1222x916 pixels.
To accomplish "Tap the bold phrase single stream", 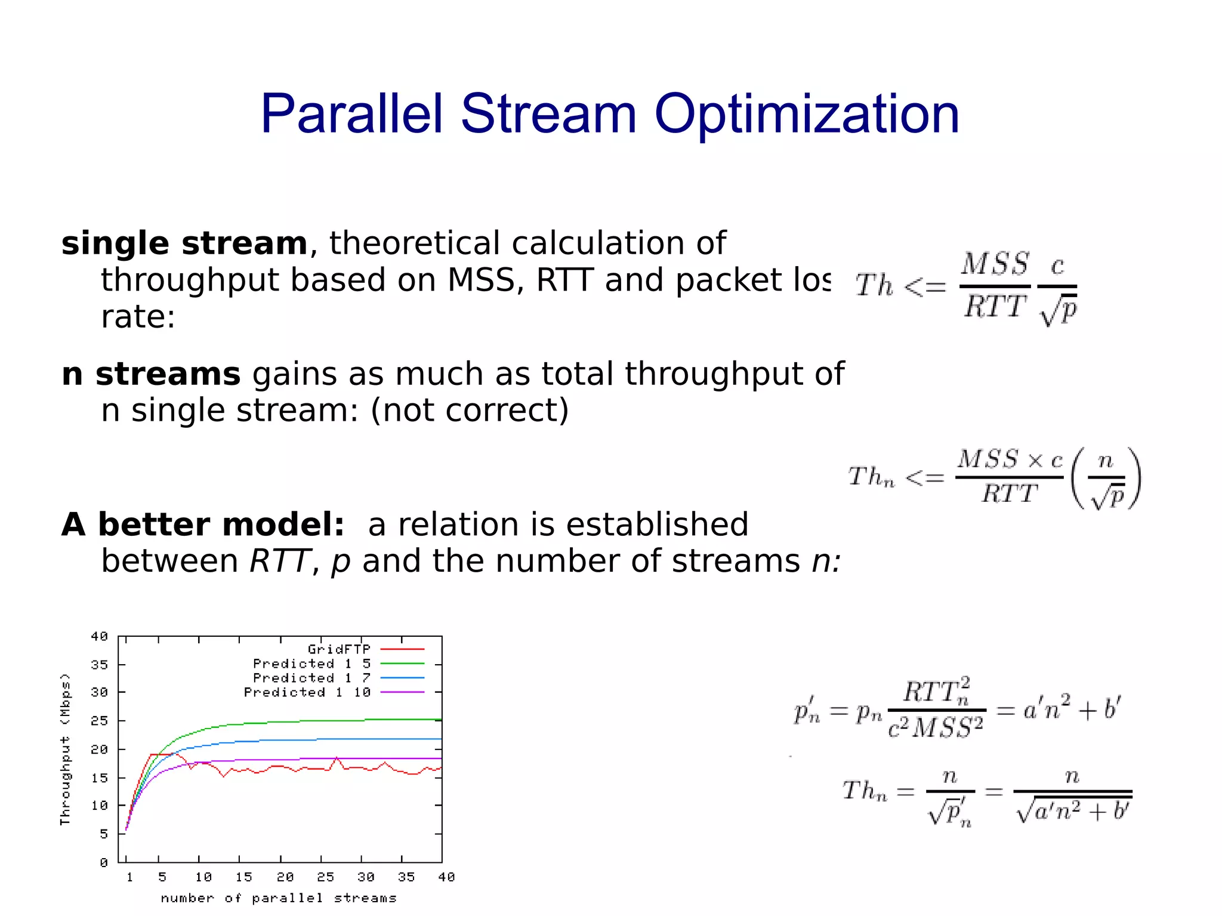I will (184, 243).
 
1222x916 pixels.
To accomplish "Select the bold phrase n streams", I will (151, 374).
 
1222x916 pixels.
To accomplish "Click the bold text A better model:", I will (203, 525).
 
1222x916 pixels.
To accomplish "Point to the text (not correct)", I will (470, 411).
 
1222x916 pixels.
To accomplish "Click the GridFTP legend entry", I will (339, 649).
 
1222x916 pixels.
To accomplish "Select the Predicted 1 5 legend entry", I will (311, 664).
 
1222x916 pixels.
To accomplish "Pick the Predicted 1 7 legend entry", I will (311, 678).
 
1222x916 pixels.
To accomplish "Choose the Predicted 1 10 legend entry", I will (307, 692).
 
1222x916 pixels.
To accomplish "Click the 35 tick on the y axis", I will (100, 664).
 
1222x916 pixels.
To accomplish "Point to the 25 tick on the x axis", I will (325, 877).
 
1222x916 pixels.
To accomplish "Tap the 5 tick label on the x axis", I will (162, 877).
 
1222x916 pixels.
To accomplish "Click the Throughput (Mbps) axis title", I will (65, 749).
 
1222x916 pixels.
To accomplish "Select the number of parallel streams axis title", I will (279, 898).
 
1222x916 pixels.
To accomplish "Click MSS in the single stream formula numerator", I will (995, 264).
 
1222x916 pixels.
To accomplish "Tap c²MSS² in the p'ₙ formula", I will (935, 727).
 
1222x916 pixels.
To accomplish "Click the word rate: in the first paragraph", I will (138, 317).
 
